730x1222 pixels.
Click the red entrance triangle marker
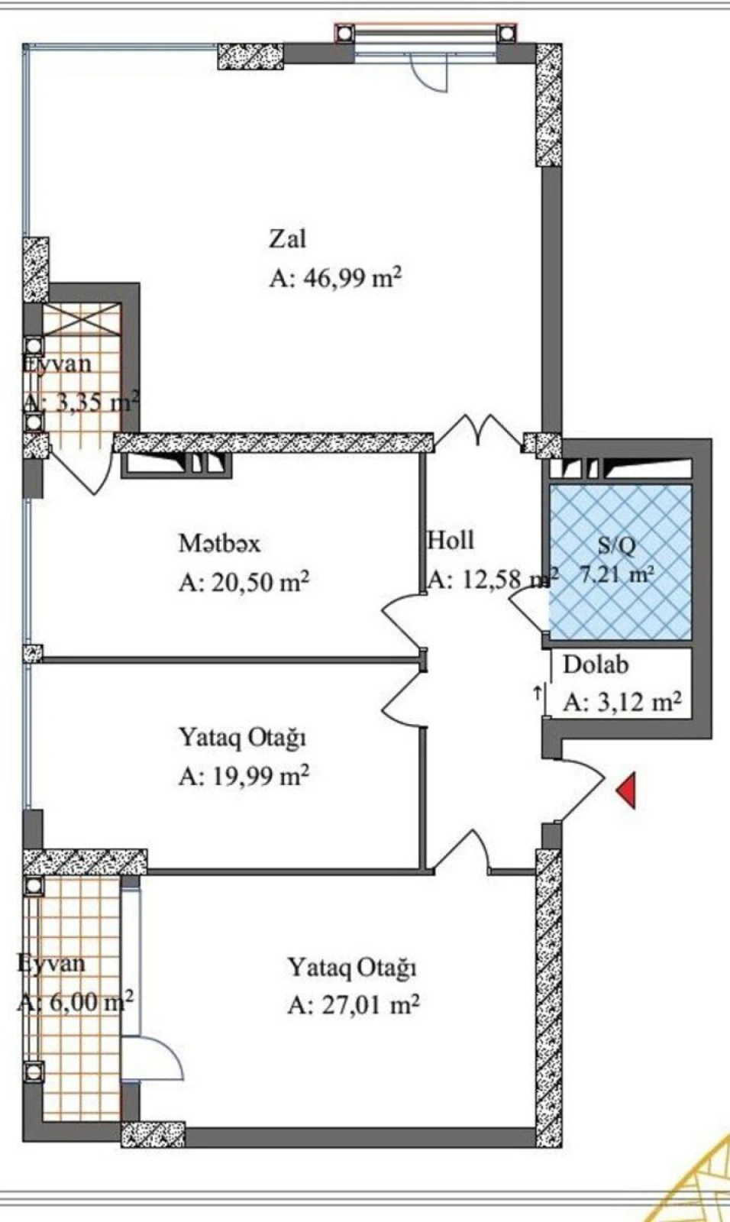[x=627, y=790]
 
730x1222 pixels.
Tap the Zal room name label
[x=287, y=238]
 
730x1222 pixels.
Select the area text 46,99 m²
[x=335, y=277]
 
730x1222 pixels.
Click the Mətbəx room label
[x=219, y=543]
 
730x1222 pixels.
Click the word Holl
[x=451, y=540]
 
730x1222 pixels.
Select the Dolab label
[x=596, y=664]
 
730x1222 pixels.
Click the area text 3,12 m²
[x=622, y=701]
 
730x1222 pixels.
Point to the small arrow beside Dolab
[x=538, y=693]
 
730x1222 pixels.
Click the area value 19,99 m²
[x=244, y=776]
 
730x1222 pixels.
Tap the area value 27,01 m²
[x=354, y=1004]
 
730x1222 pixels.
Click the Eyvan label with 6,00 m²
[x=51, y=963]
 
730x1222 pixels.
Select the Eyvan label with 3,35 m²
[x=57, y=364]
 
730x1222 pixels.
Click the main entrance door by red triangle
[x=580, y=790]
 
